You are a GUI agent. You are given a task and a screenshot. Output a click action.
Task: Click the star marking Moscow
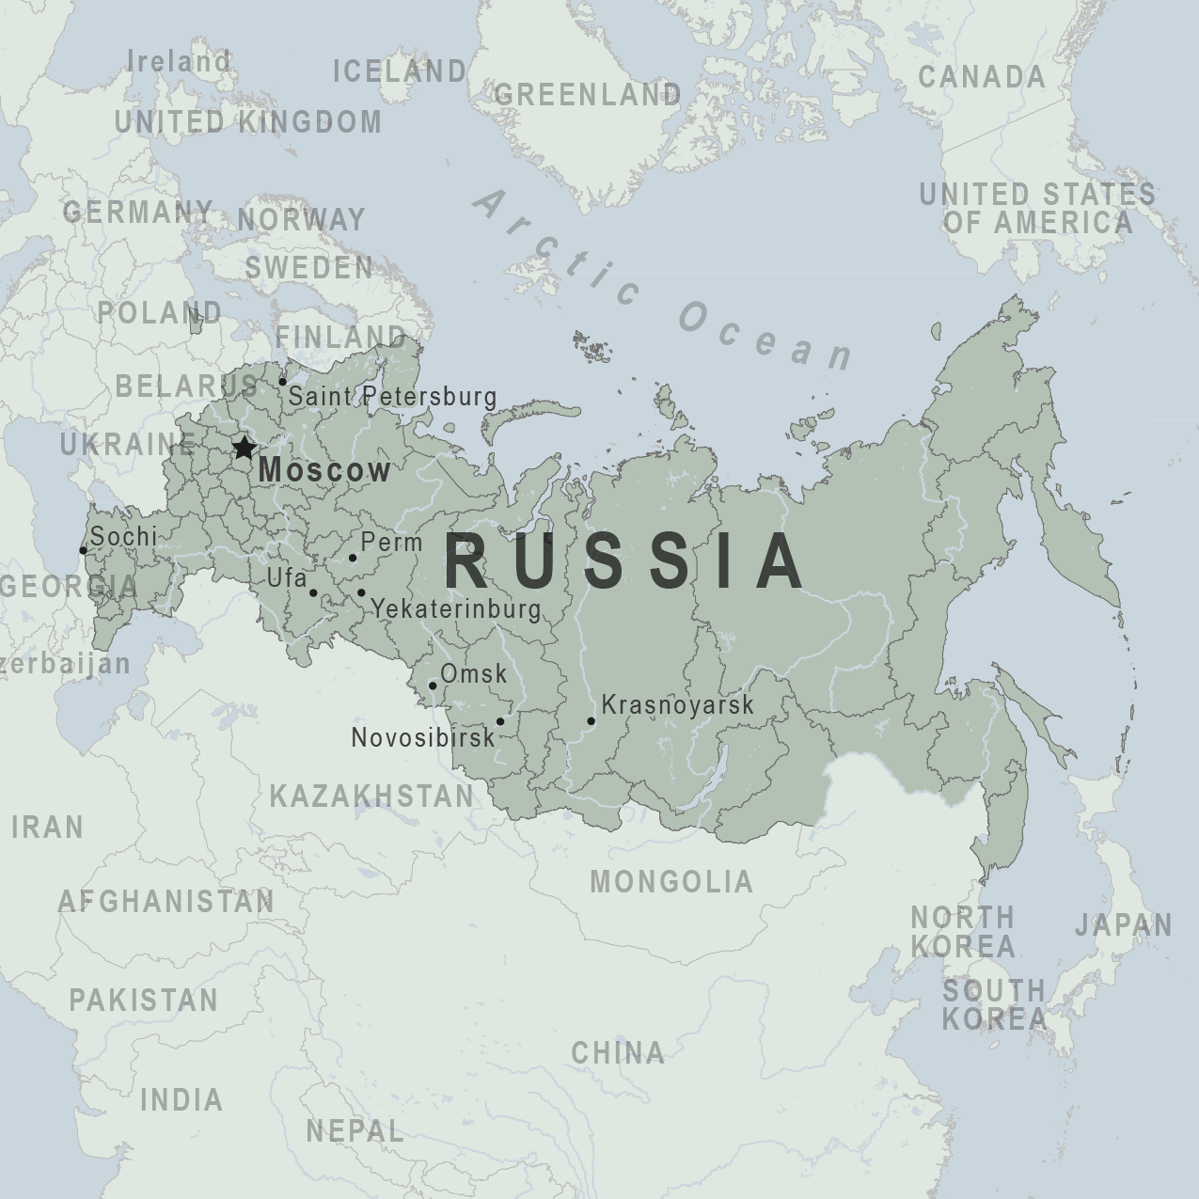coord(245,448)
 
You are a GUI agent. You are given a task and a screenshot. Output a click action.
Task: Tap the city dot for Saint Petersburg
coord(282,382)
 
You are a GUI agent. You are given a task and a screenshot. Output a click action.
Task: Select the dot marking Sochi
coord(83,551)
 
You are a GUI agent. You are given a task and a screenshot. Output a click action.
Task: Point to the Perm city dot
coord(353,558)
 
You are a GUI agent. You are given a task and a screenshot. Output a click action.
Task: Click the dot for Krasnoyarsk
coord(591,721)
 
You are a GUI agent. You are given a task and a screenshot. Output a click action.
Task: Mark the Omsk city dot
coord(433,686)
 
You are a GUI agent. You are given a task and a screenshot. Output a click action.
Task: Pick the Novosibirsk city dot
coord(500,722)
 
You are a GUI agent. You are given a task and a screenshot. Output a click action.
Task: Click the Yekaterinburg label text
coord(457,609)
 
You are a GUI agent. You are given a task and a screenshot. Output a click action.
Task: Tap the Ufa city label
coord(287,577)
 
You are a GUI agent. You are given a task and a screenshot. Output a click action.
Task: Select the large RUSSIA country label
coord(625,562)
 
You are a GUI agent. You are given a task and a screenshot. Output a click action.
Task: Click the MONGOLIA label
coord(671,882)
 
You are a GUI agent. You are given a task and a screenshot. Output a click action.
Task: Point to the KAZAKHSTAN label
coord(372,797)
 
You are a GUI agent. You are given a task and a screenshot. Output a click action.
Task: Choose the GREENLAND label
coord(588,94)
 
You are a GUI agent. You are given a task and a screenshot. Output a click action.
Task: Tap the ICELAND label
coord(400,71)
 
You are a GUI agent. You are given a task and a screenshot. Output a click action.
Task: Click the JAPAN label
coord(1124,925)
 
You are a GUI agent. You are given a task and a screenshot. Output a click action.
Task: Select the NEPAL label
coord(355,1130)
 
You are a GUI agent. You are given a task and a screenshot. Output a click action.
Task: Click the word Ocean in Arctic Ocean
coord(766,335)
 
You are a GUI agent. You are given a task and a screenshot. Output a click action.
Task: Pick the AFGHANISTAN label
coord(166,902)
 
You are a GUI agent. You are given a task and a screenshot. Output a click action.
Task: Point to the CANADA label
coord(982,77)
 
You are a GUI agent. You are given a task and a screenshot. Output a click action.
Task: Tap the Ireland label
coord(179,62)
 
